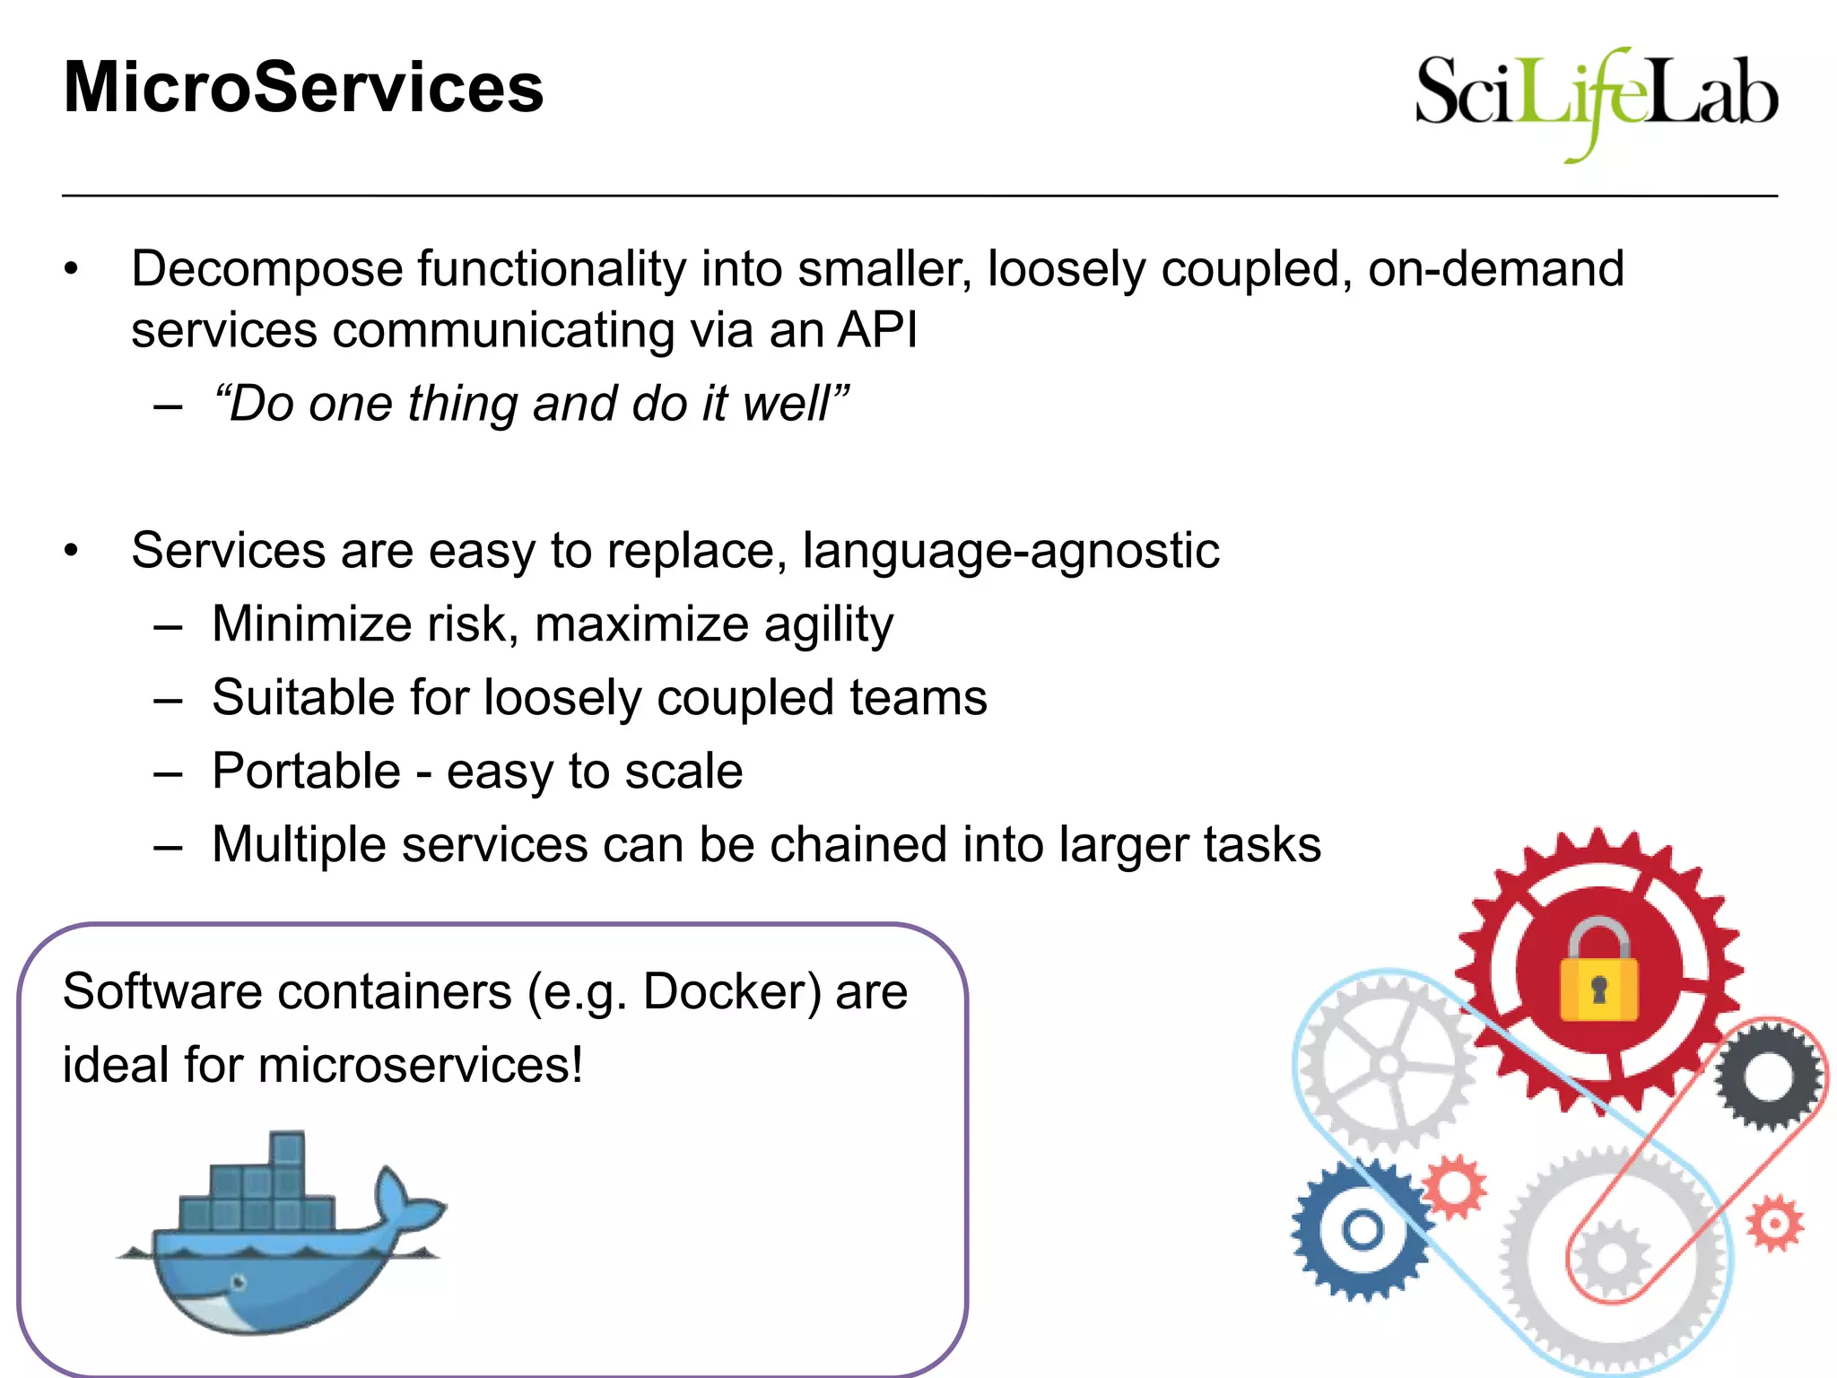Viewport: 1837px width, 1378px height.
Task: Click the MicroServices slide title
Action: (303, 88)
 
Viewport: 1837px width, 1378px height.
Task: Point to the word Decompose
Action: (266, 269)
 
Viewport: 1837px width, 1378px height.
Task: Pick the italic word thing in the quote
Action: (462, 403)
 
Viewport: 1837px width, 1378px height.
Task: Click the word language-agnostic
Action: (1011, 550)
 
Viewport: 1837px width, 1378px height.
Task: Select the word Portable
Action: (306, 772)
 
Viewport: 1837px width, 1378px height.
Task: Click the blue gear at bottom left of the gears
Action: (1361, 1230)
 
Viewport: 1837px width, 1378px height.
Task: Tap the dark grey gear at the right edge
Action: (1768, 1076)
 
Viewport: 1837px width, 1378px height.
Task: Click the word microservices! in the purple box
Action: (420, 1066)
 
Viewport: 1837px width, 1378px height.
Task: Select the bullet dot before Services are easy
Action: (72, 550)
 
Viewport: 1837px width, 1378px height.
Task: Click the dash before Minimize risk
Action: (168, 626)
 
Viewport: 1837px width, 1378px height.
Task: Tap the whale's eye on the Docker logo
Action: (239, 1282)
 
